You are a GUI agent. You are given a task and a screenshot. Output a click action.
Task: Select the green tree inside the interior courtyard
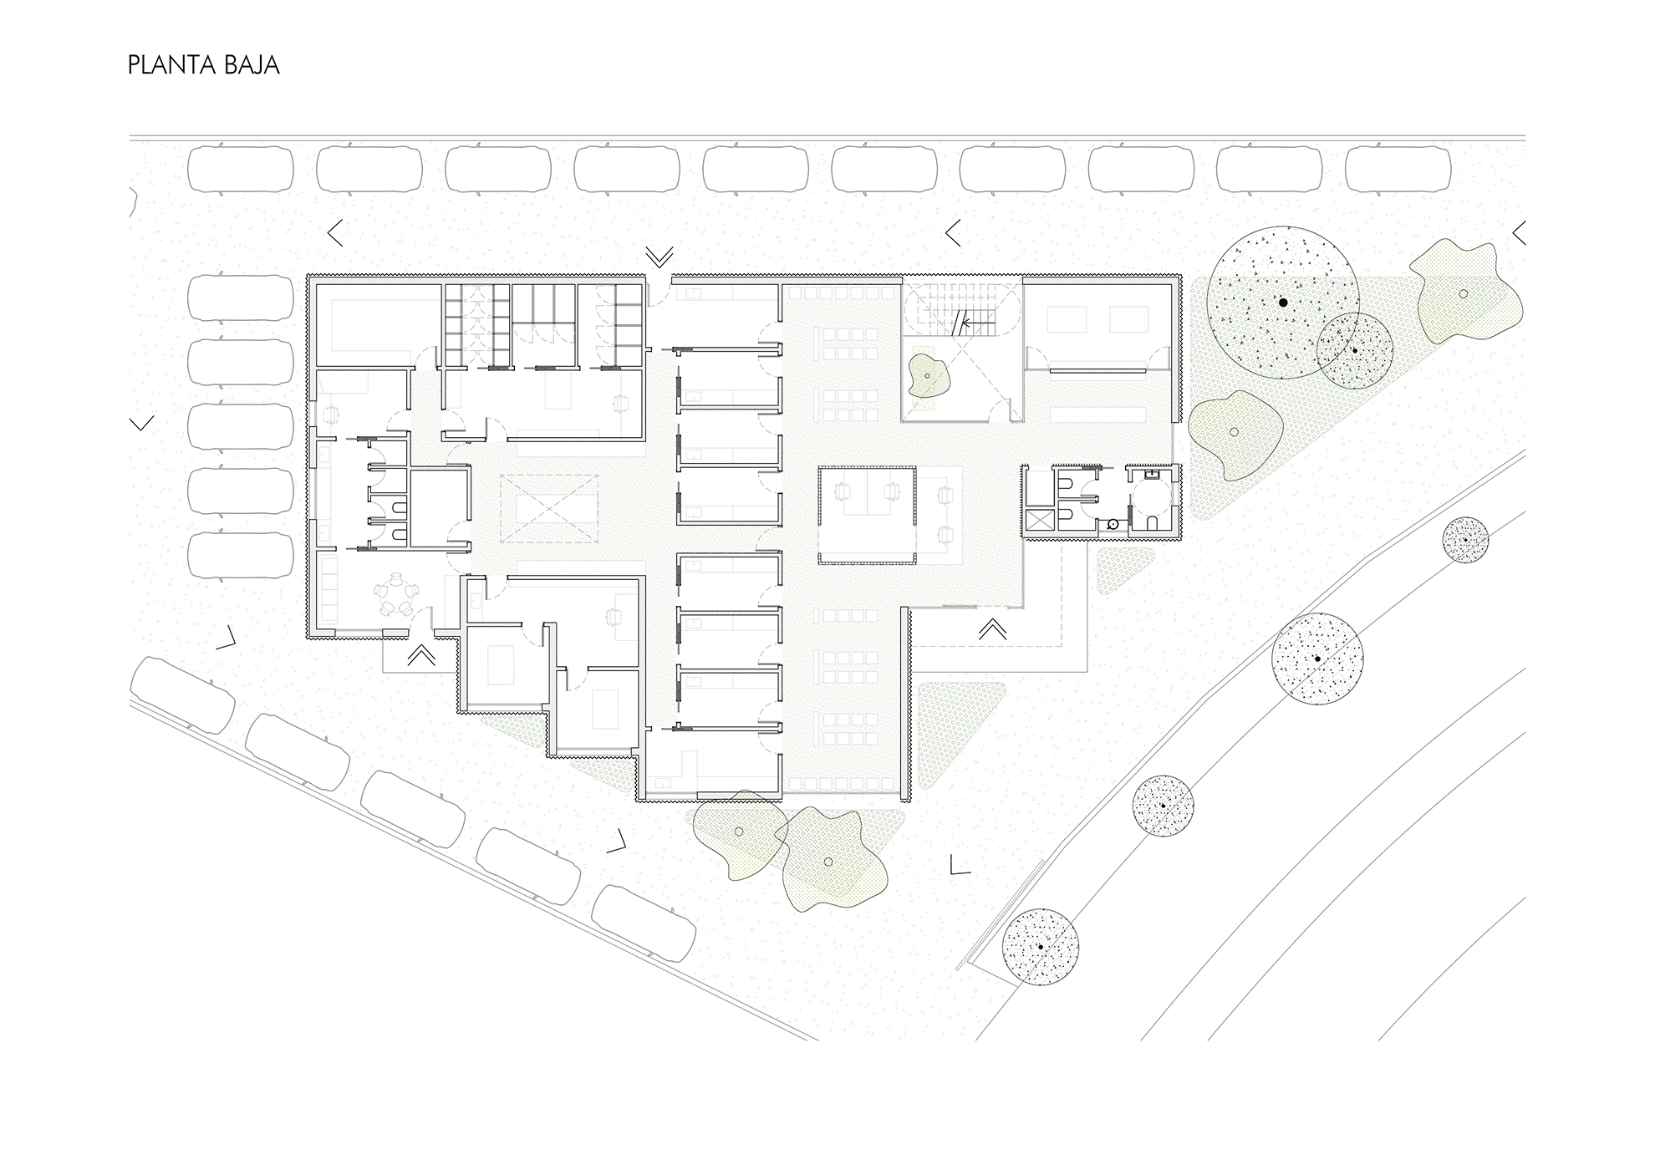(928, 376)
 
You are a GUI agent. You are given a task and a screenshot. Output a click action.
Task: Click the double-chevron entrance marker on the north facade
(659, 257)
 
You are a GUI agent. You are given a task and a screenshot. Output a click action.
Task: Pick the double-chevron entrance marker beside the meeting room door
(421, 654)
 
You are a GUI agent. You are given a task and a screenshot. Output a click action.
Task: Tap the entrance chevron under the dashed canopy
(992, 628)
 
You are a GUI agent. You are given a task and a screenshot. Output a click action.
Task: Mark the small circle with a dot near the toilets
(1113, 524)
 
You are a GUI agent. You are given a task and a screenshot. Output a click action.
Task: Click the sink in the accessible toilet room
(1152, 475)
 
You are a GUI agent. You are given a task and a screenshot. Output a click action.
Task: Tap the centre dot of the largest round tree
(1283, 303)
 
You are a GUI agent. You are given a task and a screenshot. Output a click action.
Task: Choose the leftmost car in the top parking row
(242, 171)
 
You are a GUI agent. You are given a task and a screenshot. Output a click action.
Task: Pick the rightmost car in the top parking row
(1398, 171)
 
